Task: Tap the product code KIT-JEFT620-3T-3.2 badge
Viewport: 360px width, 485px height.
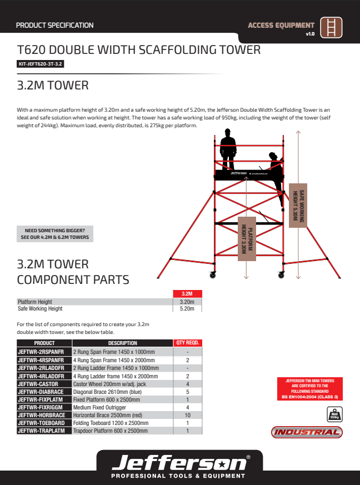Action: tap(41, 64)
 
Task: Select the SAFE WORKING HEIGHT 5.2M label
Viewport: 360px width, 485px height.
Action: tap(299, 204)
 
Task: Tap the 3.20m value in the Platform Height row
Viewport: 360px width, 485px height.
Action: tap(187, 302)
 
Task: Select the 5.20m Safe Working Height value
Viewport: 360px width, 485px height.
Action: tap(187, 308)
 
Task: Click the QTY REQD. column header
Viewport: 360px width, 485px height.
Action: tap(188, 343)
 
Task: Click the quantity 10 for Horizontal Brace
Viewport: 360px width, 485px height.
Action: tap(188, 415)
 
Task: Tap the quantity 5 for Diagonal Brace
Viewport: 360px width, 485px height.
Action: tap(188, 392)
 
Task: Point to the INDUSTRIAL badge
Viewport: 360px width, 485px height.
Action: tap(307, 432)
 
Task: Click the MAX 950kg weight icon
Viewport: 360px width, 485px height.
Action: tap(334, 414)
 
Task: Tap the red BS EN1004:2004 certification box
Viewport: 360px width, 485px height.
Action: tap(309, 389)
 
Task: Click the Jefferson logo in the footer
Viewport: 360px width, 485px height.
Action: tap(179, 464)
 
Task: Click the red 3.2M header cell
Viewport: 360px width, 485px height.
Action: tap(187, 294)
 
